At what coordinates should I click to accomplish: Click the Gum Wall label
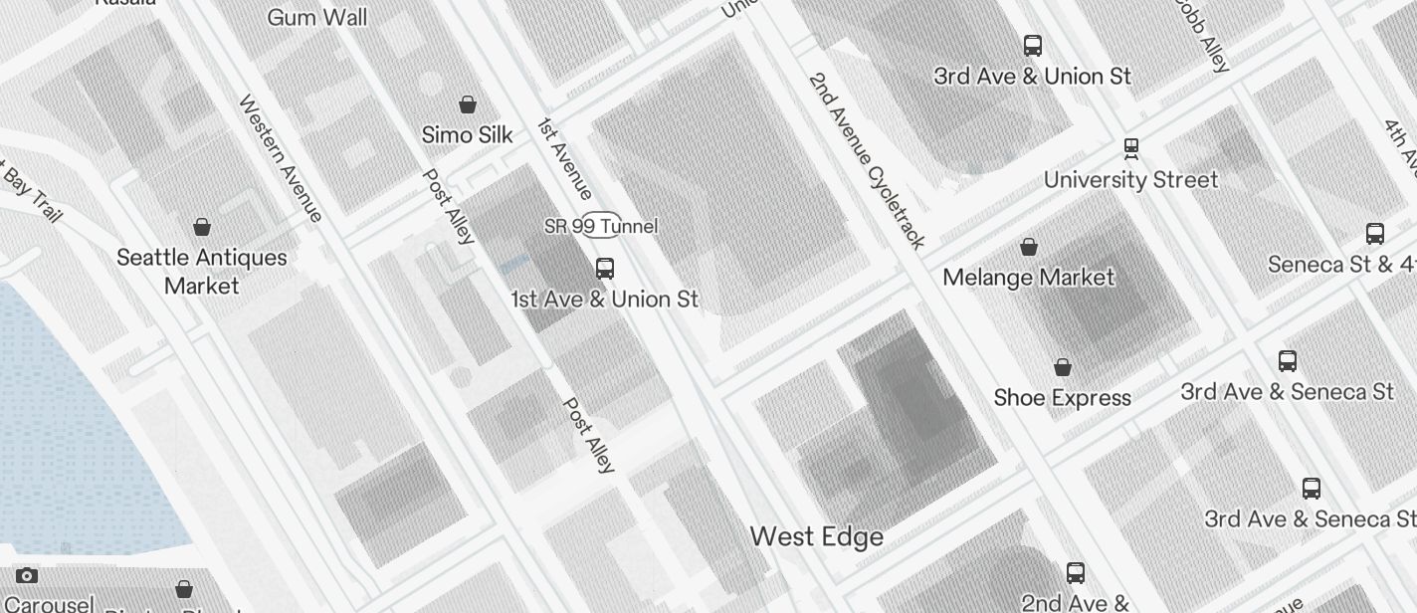316,17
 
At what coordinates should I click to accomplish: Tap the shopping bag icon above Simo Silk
467,103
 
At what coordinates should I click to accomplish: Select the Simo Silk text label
467,134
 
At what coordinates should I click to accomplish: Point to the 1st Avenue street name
565,158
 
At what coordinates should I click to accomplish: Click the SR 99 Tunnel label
601,226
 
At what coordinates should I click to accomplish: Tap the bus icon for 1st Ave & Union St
604,268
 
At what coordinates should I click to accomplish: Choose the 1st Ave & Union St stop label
604,299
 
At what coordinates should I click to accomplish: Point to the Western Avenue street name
281,158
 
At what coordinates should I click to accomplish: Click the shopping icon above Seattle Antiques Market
202,227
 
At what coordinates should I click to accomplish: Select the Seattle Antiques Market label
202,272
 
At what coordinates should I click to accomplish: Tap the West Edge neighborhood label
816,536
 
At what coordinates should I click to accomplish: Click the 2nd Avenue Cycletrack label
867,159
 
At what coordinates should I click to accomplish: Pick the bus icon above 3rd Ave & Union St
1032,45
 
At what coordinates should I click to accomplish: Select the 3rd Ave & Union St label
1032,77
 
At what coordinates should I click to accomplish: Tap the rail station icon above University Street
1130,148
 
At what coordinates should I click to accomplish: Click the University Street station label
1130,180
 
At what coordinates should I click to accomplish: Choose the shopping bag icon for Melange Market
1029,246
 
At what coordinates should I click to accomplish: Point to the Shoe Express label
1062,398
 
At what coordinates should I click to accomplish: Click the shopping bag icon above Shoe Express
1062,367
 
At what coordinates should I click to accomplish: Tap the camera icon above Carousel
27,575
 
